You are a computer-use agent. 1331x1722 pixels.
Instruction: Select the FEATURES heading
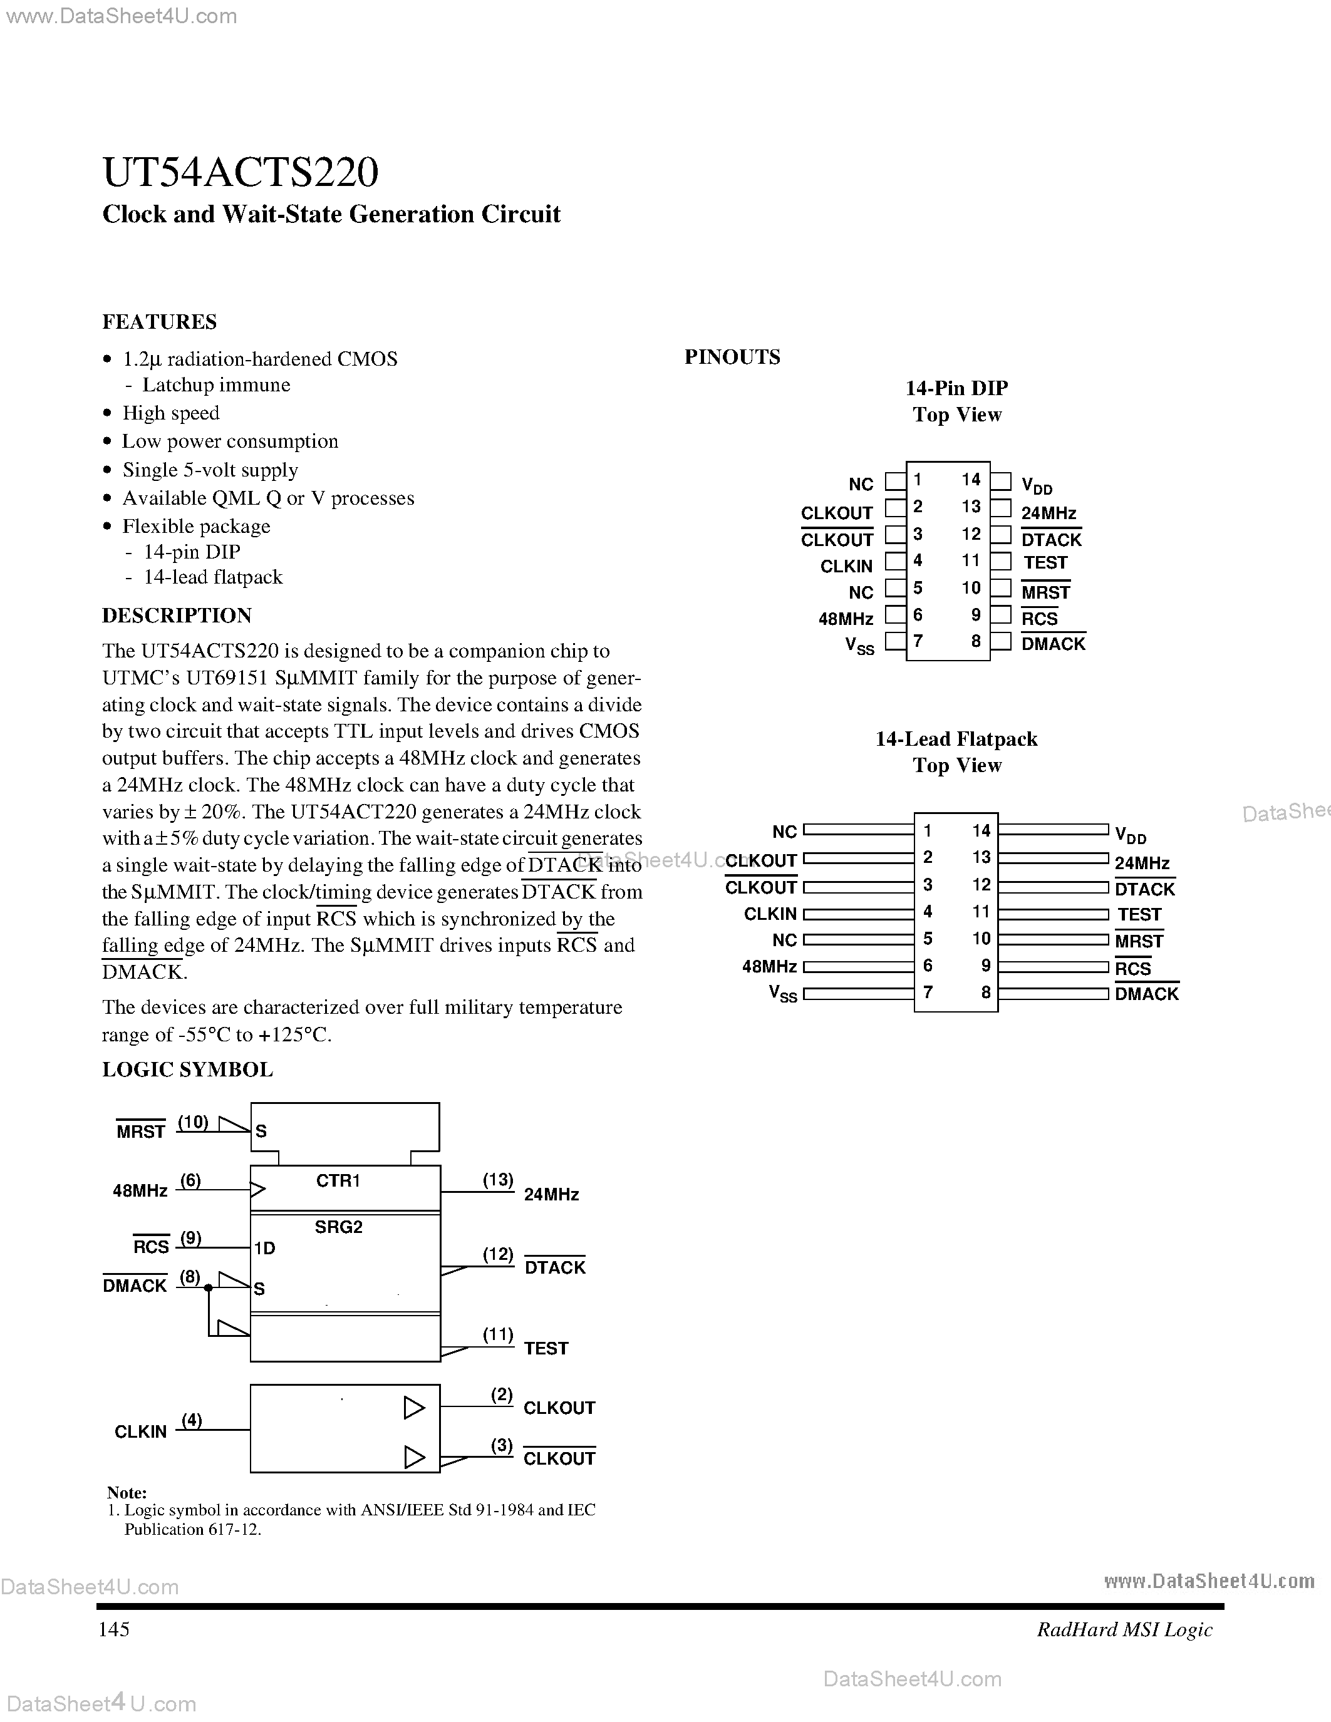(x=159, y=322)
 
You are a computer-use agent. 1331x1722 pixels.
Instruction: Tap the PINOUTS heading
(x=732, y=357)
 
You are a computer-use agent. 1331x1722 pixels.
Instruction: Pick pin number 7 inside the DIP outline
(x=918, y=641)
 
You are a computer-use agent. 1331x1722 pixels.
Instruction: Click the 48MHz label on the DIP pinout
(x=846, y=619)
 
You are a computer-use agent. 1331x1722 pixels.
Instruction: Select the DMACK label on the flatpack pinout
(x=1146, y=994)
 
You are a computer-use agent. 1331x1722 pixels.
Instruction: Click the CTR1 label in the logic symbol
(x=338, y=1180)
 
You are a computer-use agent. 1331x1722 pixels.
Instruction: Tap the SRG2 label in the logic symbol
(x=338, y=1227)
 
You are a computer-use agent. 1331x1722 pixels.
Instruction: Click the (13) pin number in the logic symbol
(x=497, y=1180)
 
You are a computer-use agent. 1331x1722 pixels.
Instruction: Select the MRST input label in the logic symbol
(x=140, y=1132)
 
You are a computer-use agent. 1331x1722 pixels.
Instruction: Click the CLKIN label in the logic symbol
(x=140, y=1431)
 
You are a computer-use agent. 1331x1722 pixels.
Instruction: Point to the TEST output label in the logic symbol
(x=546, y=1348)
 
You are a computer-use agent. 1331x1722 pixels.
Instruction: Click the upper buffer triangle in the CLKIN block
(x=413, y=1408)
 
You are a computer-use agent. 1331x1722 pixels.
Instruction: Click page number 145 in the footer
(x=113, y=1629)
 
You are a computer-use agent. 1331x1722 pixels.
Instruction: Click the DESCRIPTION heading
(x=177, y=615)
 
